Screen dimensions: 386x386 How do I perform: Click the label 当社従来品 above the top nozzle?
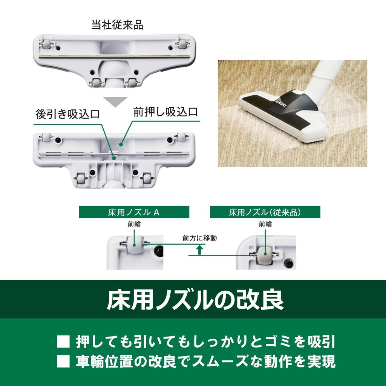tap(117, 25)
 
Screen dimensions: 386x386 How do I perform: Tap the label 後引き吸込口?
tap(68, 114)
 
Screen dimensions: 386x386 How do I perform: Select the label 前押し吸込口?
tap(165, 112)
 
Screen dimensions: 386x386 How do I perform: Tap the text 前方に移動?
tap(199, 238)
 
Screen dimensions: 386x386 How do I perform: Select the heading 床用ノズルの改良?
tap(193, 300)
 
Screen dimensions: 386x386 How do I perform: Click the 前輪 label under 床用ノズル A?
tap(134, 224)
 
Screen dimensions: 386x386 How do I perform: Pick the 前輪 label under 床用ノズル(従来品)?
tap(265, 224)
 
